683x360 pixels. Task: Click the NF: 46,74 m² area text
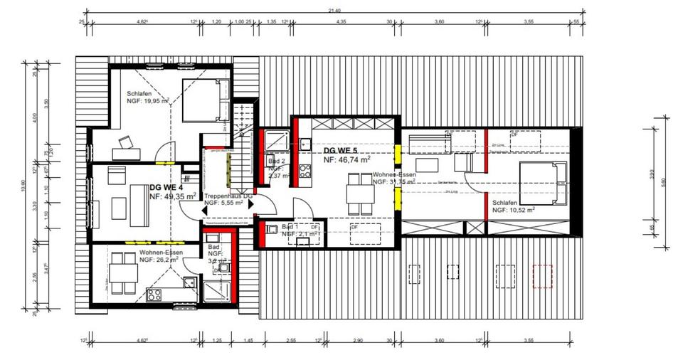tap(346, 161)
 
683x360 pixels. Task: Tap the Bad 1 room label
tap(292, 226)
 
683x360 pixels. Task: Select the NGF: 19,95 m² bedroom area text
tap(147, 102)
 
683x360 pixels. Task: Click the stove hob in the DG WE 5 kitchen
tap(305, 171)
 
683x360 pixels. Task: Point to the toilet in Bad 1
tap(272, 229)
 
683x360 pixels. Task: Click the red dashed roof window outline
tap(543, 275)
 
